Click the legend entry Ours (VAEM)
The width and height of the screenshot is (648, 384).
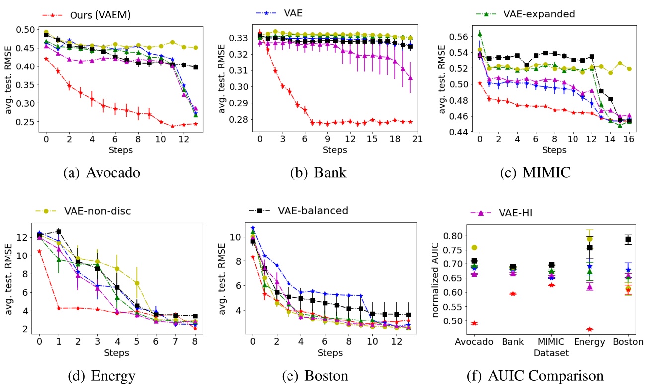[97, 16]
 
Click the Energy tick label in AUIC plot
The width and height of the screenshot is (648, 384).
[590, 342]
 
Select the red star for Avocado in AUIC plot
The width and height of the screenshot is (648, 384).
[474, 323]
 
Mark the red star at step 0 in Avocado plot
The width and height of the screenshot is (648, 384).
[46, 59]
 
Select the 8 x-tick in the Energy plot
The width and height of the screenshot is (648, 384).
[195, 342]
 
